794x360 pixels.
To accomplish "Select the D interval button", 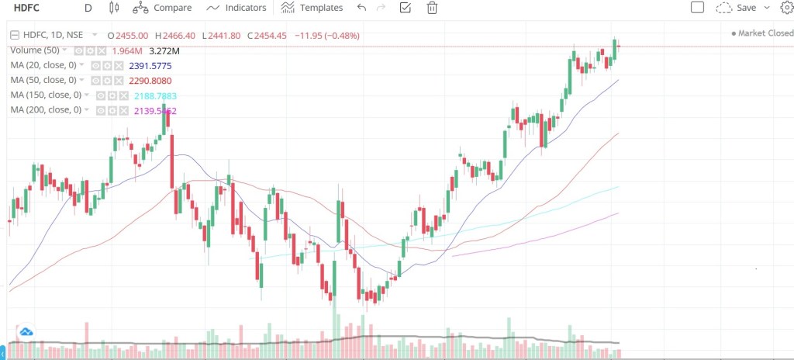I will [x=88, y=8].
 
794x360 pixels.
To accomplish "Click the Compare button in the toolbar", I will [x=164, y=8].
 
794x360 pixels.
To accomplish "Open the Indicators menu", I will [x=236, y=8].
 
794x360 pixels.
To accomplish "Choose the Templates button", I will [x=312, y=8].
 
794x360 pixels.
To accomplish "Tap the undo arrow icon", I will [x=361, y=8].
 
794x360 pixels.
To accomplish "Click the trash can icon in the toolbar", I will [x=432, y=8].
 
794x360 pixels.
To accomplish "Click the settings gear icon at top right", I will [x=786, y=8].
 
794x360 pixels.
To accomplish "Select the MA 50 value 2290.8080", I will [x=150, y=80].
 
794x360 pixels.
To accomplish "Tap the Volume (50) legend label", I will [x=35, y=50].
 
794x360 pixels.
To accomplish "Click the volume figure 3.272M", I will [x=165, y=50].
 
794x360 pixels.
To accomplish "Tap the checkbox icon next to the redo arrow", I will [x=405, y=8].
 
